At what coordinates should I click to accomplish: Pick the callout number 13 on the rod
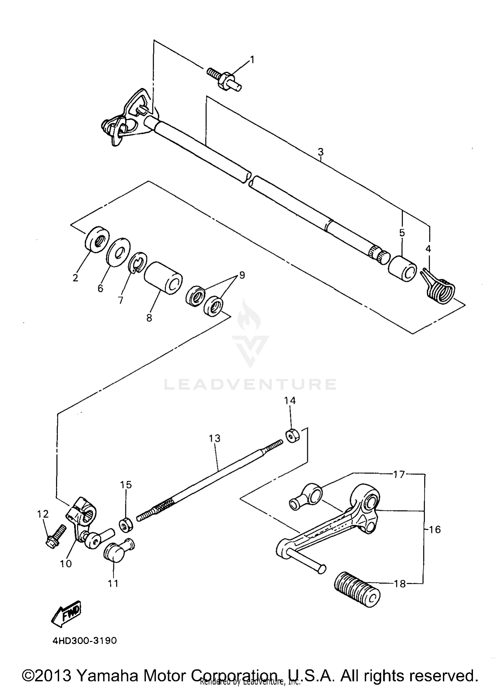[215, 438]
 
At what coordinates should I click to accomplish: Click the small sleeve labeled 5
[402, 268]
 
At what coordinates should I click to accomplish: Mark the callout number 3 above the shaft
[320, 152]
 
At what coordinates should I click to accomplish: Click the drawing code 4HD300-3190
[85, 641]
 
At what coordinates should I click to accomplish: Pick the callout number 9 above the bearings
[241, 275]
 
